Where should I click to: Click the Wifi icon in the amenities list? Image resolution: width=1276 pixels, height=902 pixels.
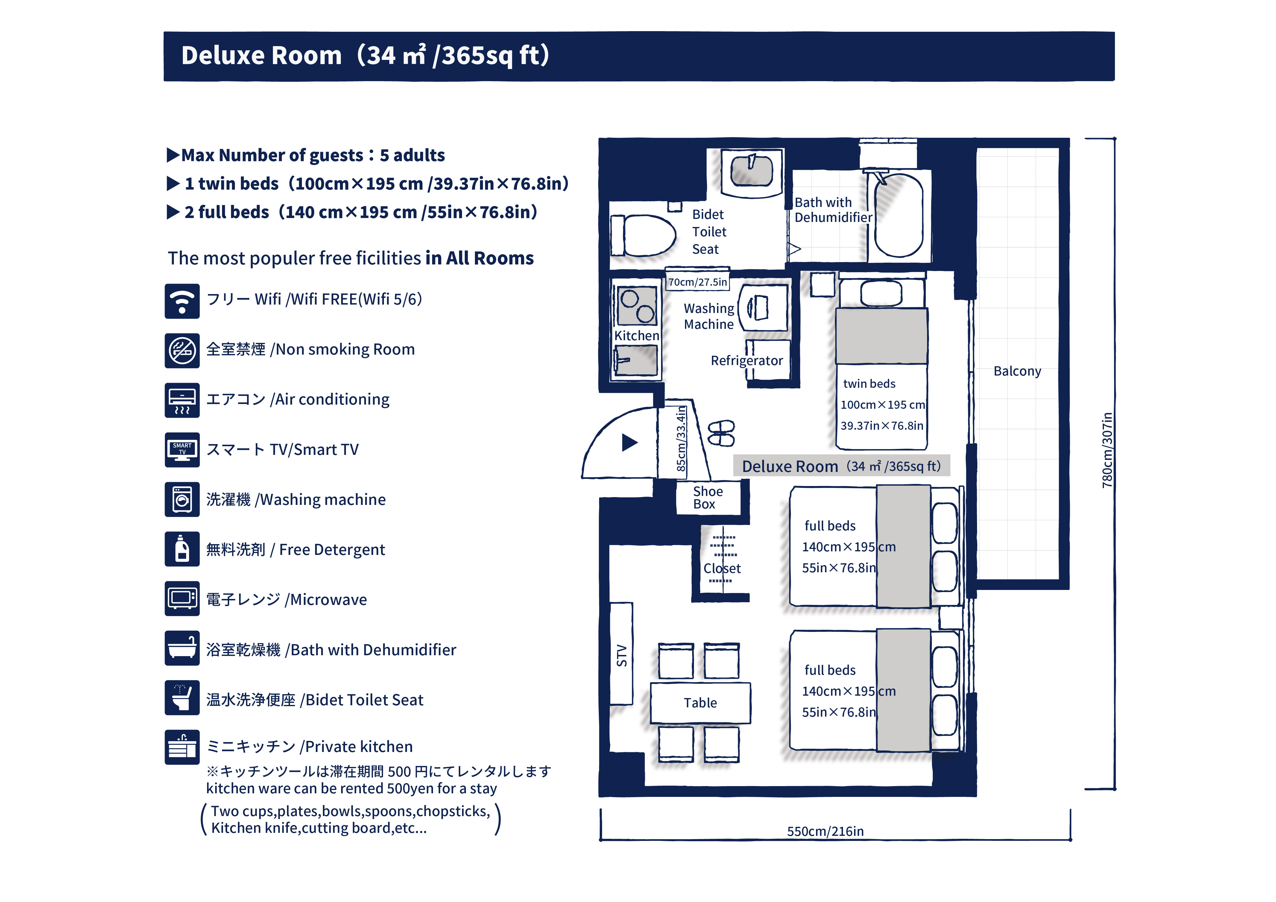[x=182, y=301]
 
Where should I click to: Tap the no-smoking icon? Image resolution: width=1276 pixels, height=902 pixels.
[x=182, y=351]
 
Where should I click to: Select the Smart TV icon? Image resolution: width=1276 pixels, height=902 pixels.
[x=182, y=449]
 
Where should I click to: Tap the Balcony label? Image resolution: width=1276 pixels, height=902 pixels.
[x=1017, y=371]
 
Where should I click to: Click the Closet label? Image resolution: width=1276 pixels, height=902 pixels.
[x=722, y=568]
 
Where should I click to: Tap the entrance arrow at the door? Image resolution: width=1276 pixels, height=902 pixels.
[x=629, y=443]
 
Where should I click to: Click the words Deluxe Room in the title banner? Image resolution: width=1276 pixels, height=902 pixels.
[x=261, y=56]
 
